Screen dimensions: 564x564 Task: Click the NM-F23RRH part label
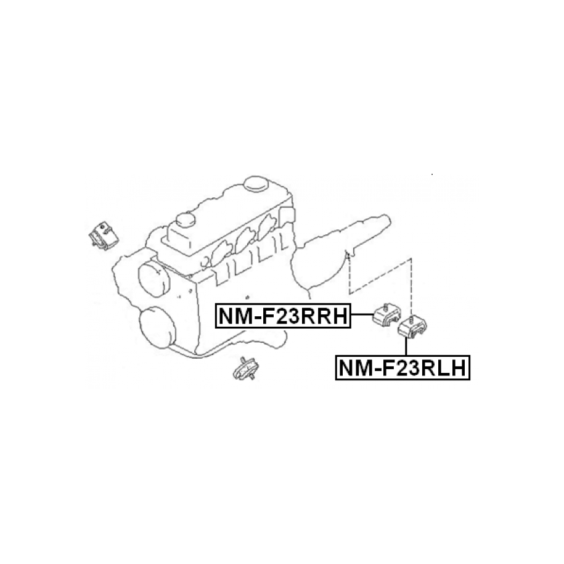point(283,316)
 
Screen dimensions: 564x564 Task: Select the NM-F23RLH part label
point(403,367)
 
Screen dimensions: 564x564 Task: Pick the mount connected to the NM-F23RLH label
point(412,326)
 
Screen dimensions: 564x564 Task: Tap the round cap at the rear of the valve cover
point(256,184)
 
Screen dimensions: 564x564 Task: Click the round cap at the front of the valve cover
point(186,221)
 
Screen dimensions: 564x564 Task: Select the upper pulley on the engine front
point(153,279)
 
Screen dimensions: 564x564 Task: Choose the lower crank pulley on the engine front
point(158,327)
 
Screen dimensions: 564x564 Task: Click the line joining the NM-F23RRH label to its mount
point(361,315)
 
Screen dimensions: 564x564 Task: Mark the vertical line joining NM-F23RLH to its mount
point(406,346)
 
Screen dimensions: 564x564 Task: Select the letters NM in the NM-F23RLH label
point(354,368)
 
